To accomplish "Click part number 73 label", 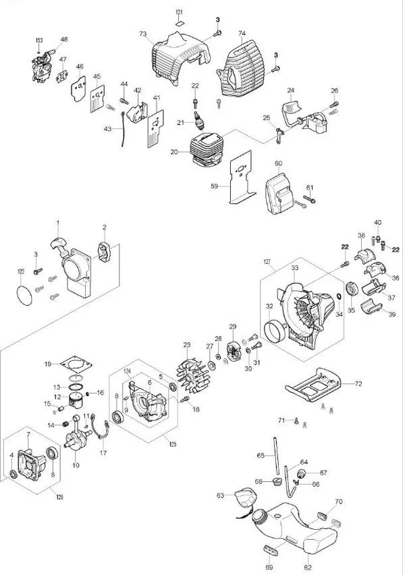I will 142,34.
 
